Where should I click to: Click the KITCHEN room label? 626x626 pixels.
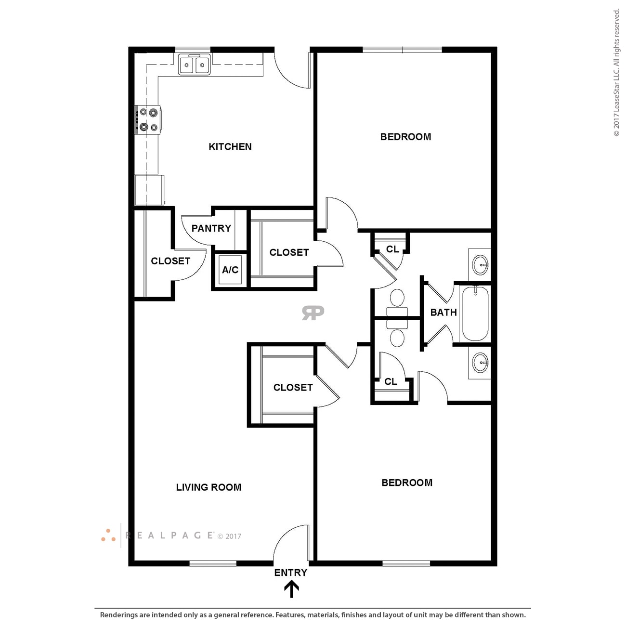point(230,147)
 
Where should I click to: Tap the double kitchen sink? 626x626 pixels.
point(195,65)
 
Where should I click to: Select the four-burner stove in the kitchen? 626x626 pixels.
point(148,120)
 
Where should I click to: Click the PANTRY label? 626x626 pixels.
point(211,228)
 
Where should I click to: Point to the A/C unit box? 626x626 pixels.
point(230,270)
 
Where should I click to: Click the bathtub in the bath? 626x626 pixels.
point(475,313)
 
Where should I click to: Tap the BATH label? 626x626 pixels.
point(443,313)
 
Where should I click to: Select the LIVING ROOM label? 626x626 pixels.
point(209,487)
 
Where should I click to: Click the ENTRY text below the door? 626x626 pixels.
point(290,573)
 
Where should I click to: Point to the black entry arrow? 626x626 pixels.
point(291,589)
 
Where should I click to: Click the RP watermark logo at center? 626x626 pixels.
point(313,313)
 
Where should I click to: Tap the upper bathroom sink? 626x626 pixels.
point(481,264)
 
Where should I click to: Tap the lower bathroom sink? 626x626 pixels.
point(481,363)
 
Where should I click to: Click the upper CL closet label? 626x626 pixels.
point(392,249)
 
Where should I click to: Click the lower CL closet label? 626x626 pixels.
point(391,382)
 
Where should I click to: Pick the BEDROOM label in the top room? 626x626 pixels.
point(405,137)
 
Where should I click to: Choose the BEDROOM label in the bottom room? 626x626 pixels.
point(406,483)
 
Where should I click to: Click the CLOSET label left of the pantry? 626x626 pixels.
point(170,261)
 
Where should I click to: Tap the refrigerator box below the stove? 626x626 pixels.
point(149,190)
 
